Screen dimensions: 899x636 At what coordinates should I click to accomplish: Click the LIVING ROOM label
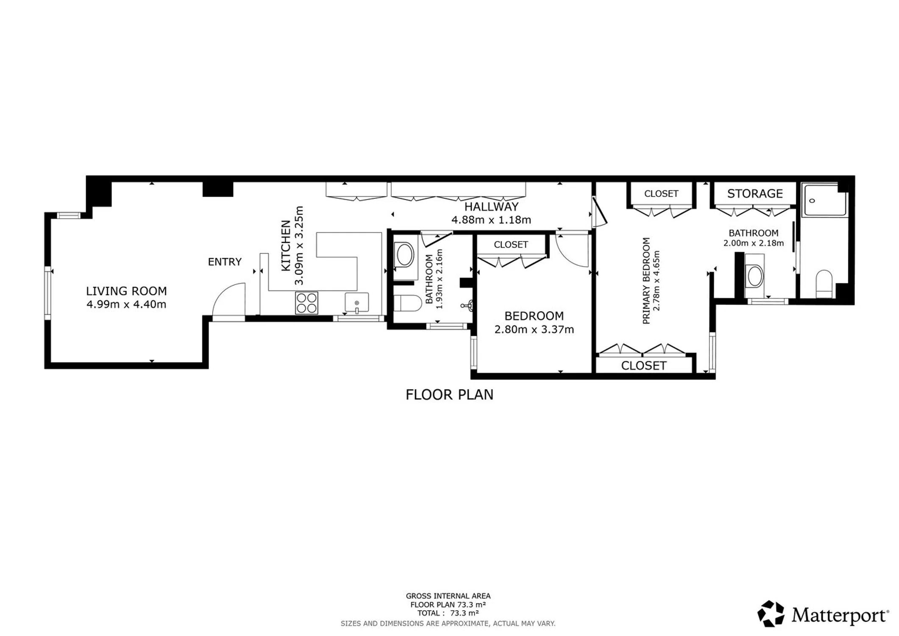coord(126,291)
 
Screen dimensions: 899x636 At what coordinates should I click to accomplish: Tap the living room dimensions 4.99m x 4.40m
coord(126,304)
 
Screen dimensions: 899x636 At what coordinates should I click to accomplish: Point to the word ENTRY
coord(225,262)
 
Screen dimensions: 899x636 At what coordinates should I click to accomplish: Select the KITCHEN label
coord(286,245)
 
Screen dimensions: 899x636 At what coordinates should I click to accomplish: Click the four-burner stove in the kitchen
coord(306,303)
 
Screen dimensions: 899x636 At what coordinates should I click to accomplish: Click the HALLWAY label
coord(491,207)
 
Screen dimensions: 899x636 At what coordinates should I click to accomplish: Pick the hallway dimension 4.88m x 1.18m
coord(491,220)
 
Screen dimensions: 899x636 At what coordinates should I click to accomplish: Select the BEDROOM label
coord(534,316)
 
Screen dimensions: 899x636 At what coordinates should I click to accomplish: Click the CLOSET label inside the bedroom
coord(511,245)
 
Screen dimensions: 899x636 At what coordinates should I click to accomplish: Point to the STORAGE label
coord(755,194)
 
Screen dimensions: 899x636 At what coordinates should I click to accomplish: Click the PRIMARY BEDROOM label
coord(646,281)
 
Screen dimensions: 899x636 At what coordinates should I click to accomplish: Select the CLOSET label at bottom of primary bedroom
coord(643,365)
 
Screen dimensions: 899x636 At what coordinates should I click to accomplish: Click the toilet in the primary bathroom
coord(824,284)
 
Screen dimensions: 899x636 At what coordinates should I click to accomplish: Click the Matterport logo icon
coord(771,614)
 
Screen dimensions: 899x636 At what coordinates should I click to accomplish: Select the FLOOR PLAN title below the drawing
coord(449,395)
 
